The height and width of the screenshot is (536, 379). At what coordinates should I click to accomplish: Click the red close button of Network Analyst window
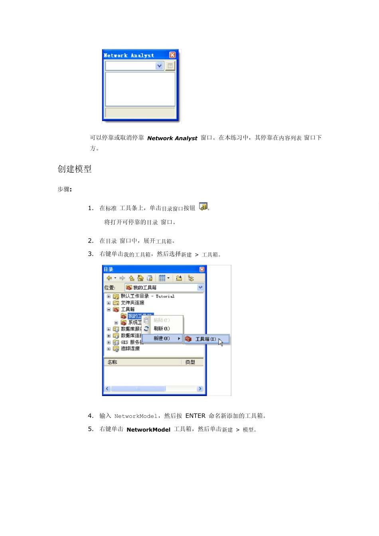172,55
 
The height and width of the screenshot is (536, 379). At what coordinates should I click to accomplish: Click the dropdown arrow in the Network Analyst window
160,66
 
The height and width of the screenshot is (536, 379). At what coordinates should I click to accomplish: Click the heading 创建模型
75,169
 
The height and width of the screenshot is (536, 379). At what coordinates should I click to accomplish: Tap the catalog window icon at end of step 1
203,207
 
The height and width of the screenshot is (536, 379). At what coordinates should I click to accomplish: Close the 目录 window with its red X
202,269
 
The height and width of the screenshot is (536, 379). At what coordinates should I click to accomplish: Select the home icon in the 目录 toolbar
140,278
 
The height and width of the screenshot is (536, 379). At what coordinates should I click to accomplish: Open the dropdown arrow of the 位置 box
200,287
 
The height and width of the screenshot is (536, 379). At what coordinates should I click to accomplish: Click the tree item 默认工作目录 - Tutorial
147,296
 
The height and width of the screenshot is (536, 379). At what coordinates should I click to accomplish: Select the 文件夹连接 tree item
132,303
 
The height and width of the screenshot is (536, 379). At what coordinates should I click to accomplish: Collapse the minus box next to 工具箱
109,309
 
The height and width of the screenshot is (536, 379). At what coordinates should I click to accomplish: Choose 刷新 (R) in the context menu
162,329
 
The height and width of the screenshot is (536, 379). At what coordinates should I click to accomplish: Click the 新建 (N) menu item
162,338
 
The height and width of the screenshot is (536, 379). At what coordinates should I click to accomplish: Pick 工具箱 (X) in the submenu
205,339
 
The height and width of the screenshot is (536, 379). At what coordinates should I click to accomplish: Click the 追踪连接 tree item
130,349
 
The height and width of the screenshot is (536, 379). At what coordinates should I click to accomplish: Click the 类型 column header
190,362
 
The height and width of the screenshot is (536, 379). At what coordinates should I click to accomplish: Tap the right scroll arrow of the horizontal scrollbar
200,388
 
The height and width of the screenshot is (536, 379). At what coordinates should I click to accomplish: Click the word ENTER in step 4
195,416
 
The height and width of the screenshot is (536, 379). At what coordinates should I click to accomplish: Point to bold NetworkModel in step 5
148,430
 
